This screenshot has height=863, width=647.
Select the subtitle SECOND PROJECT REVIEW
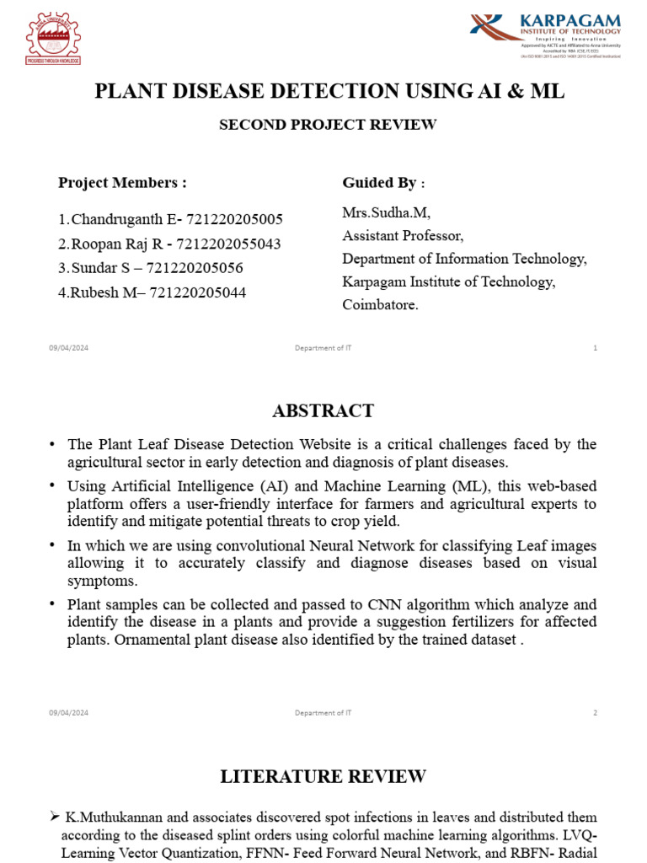tap(328, 125)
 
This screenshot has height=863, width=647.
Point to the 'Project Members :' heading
tap(122, 183)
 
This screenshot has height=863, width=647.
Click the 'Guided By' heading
tap(378, 183)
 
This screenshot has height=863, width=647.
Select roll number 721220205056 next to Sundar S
tap(195, 269)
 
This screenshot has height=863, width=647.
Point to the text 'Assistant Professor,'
tap(402, 235)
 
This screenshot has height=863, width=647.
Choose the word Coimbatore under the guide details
tap(380, 305)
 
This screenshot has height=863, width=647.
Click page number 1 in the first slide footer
tap(595, 348)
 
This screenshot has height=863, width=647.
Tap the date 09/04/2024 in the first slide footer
tap(68, 348)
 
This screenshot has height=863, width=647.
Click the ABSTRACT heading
tap(323, 411)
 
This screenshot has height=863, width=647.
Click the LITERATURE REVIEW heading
tap(323, 776)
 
